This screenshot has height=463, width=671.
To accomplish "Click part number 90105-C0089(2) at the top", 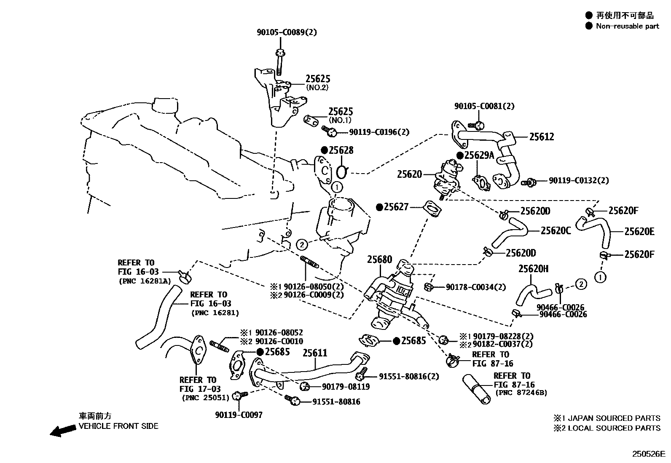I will pyautogui.click(x=287, y=32).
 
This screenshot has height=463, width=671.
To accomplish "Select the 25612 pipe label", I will pyautogui.click(x=542, y=136).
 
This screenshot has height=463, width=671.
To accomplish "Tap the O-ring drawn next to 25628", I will pyautogui.click(x=343, y=172).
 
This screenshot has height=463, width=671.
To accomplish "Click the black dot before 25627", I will pyautogui.click(x=379, y=207).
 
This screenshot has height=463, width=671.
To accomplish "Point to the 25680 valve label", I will pyautogui.click(x=379, y=260).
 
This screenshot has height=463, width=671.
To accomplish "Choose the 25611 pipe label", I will pyautogui.click(x=315, y=353).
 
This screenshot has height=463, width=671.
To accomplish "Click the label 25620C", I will pyautogui.click(x=556, y=231).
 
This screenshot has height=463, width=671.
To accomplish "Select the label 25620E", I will pyautogui.click(x=639, y=231).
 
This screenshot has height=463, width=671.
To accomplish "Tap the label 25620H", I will pyautogui.click(x=533, y=269).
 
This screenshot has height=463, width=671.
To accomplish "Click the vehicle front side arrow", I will pyautogui.click(x=61, y=431).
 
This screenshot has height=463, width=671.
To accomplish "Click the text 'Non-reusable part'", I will pyautogui.click(x=627, y=26).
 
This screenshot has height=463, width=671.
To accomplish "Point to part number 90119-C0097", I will pyautogui.click(x=239, y=415).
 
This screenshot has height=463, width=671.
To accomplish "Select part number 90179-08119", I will pyautogui.click(x=346, y=386).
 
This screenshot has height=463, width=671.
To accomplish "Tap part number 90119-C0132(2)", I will pyautogui.click(x=579, y=180).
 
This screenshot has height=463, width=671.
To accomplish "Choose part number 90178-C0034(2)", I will pyautogui.click(x=476, y=287).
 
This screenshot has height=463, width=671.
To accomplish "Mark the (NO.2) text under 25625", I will pyautogui.click(x=317, y=88).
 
